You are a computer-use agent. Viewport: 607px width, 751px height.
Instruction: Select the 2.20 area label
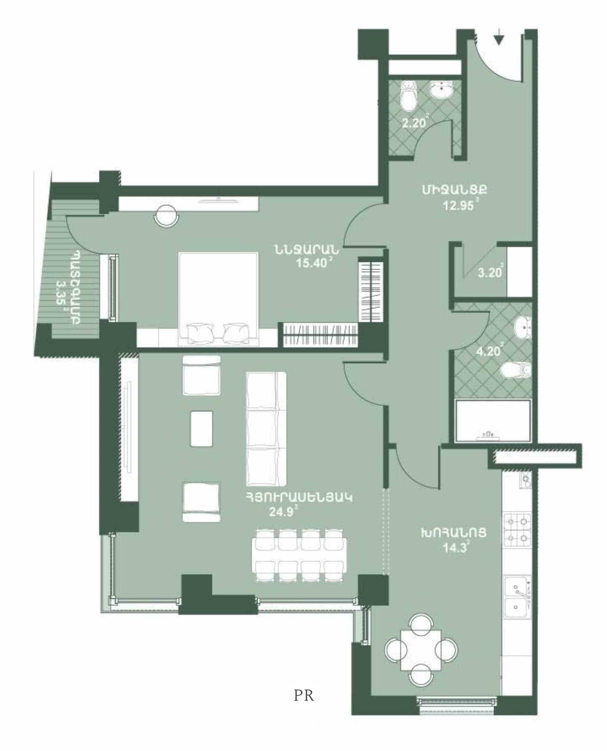[x=414, y=123]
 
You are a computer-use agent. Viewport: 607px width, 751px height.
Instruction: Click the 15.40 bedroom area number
[x=311, y=262]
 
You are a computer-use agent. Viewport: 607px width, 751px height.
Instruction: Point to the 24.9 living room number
[x=281, y=512]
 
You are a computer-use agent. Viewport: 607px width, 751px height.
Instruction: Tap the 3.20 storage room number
[x=489, y=272]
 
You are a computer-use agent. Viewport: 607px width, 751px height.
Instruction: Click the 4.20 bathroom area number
[x=488, y=351]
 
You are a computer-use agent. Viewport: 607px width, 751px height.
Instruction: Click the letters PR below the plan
[x=304, y=696]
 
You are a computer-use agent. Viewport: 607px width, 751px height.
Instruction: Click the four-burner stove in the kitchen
[x=517, y=530]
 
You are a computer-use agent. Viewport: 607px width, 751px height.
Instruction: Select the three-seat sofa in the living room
[x=267, y=429]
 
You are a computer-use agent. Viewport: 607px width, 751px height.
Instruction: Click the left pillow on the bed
[x=200, y=333]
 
